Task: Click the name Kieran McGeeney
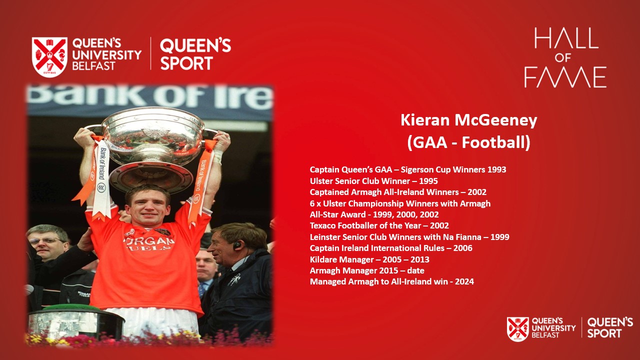[x=469, y=120]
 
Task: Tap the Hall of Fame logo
[x=565, y=57]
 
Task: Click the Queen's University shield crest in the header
[x=49, y=57]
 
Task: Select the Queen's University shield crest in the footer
[x=517, y=329]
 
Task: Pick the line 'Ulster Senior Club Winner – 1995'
[x=373, y=181]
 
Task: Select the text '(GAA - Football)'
[x=469, y=142]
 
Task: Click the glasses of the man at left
[x=45, y=240]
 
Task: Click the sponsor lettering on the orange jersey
[x=148, y=243]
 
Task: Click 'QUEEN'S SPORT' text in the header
[x=195, y=54]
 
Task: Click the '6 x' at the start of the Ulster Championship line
[x=315, y=203]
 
